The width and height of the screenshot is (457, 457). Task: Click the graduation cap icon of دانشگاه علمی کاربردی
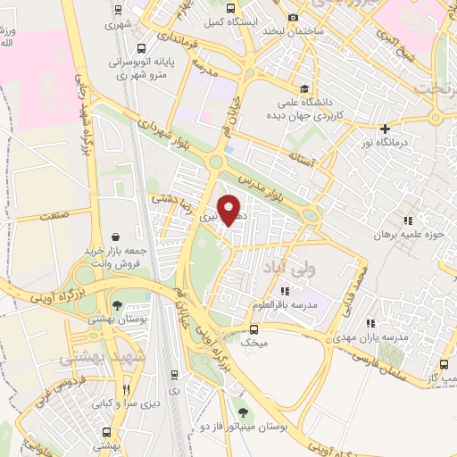point(305,88)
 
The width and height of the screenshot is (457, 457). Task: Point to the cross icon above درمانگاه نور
point(385,129)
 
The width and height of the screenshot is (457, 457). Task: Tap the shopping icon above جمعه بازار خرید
point(117,237)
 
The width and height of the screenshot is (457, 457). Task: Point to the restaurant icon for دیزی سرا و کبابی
point(126,390)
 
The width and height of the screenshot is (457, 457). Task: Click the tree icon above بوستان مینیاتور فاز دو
point(244,411)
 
